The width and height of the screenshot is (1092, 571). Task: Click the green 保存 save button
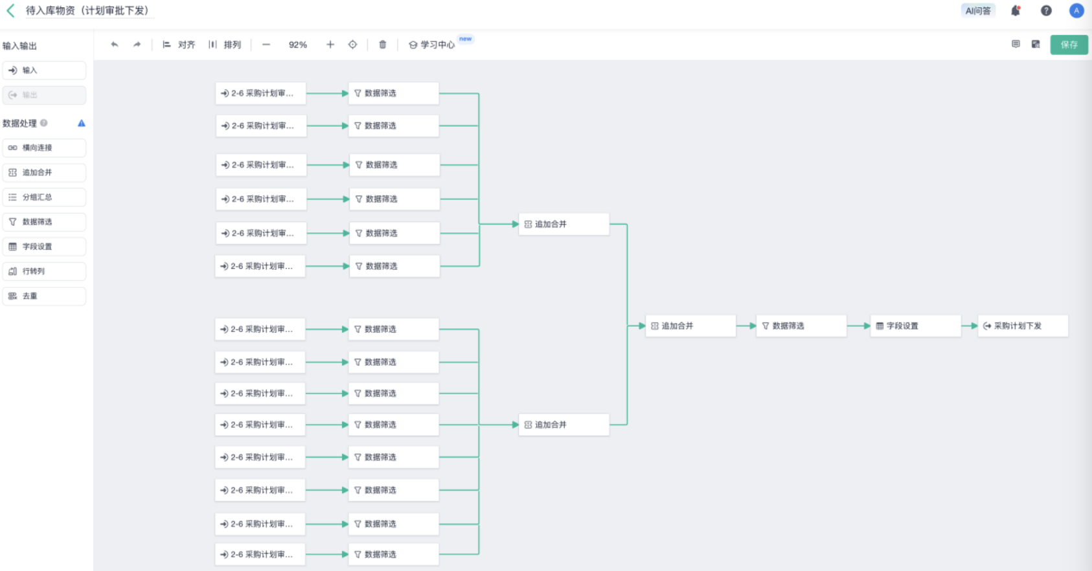1069,45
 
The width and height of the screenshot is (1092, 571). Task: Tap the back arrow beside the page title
10,10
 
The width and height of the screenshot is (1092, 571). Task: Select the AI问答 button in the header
977,10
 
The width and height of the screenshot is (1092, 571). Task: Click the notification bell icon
1015,10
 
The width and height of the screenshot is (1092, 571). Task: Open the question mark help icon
1046,10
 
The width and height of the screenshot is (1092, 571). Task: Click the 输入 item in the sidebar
44,70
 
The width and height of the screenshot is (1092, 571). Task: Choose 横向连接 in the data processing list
44,148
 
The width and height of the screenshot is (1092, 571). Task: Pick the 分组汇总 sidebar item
44,197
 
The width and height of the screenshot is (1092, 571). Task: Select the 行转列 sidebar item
44,271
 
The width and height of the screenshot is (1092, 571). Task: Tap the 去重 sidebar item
44,296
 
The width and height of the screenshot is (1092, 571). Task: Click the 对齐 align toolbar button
179,45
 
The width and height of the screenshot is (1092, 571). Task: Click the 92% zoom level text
298,45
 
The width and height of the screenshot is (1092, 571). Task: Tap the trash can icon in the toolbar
383,45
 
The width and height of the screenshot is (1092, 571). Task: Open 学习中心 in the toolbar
432,45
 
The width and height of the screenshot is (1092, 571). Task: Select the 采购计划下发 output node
1023,326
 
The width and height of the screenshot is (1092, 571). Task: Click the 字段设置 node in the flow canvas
915,326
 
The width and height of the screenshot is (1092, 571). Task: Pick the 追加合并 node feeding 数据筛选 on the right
690,326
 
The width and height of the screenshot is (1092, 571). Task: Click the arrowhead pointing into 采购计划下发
973,326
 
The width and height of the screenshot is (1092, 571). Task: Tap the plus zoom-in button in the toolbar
330,45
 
